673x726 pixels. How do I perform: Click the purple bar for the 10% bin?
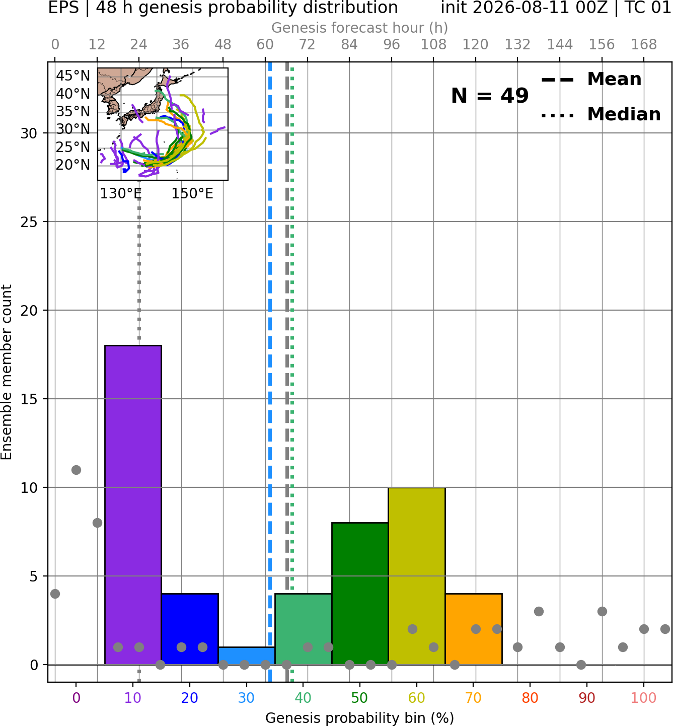(133, 505)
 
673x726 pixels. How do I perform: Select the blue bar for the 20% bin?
(190, 629)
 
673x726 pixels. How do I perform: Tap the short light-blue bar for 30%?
(246, 656)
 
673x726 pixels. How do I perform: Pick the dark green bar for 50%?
(360, 593)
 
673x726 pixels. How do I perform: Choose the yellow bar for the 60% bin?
(417, 576)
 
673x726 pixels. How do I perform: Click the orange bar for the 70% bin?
(474, 629)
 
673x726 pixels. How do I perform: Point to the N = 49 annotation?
(490, 96)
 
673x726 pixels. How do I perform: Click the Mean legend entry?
(591, 80)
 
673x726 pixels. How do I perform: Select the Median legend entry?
(601, 114)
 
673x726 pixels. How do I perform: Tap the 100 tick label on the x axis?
(644, 698)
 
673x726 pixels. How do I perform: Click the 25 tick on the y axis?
(29, 222)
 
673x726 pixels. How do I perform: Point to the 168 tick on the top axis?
(644, 45)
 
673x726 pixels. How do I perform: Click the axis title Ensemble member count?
(6, 372)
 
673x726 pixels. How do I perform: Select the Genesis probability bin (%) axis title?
(360, 718)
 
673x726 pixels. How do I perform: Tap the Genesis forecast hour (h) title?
(360, 28)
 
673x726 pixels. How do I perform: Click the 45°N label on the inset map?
(73, 76)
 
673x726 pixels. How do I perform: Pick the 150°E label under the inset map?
(192, 193)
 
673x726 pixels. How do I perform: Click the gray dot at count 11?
(76, 470)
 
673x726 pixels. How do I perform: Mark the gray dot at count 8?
(97, 523)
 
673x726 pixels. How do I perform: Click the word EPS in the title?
(63, 8)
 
